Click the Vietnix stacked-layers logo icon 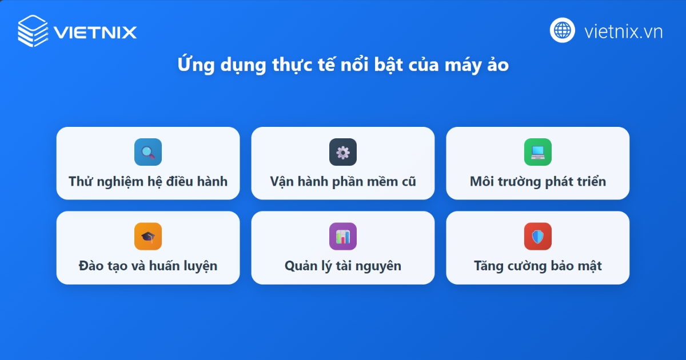33,31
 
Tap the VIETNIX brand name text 95,31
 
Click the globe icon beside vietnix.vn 563,30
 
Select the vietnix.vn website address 623,31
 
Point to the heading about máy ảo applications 343,65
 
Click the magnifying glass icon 148,152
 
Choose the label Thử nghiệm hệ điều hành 148,182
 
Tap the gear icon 343,152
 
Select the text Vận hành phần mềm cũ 343,182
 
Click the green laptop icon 538,152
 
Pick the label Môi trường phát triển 538,182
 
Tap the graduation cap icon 148,237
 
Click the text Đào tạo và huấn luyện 148,266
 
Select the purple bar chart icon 343,237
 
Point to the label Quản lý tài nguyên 343,266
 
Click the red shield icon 538,237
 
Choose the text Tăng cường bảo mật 538,266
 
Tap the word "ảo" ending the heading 498,65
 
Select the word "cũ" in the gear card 408,182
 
